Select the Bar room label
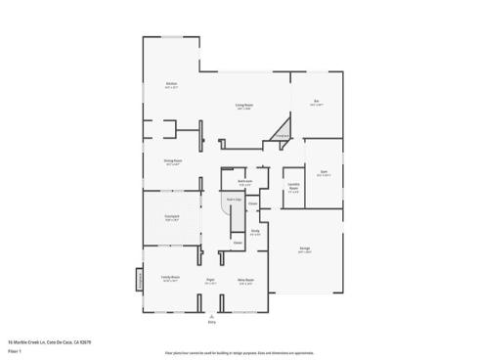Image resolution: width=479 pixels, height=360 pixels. [317, 102]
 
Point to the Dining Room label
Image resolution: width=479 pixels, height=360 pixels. [173, 162]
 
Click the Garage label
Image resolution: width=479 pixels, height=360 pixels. [305, 249]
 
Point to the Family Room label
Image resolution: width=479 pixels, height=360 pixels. [171, 279]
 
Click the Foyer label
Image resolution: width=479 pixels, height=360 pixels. [209, 282]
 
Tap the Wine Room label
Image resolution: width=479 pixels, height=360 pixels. [245, 282]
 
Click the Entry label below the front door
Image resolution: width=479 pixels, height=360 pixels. [211, 322]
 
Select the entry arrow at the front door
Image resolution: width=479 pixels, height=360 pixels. [211, 315]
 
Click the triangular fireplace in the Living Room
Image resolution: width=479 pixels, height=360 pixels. [283, 127]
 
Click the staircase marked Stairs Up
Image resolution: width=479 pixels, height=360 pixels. [233, 201]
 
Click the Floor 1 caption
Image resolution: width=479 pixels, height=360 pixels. [14, 349]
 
